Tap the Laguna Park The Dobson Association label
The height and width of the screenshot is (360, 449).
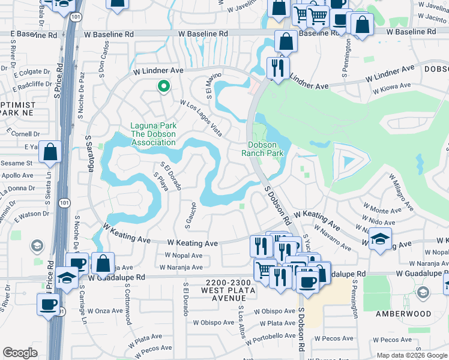pyautogui.click(x=153, y=134)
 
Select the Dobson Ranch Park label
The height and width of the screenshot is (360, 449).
pyautogui.click(x=262, y=149)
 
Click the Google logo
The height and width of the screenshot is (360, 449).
pyautogui.click(x=20, y=353)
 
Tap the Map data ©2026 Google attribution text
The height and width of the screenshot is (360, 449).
pyautogui.click(x=412, y=355)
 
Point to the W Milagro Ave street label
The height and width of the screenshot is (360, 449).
pyautogui.click(x=401, y=192)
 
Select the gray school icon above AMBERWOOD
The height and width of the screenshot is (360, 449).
pyautogui.click(x=423, y=292)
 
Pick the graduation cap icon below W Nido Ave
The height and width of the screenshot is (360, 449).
pyautogui.click(x=380, y=239)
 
